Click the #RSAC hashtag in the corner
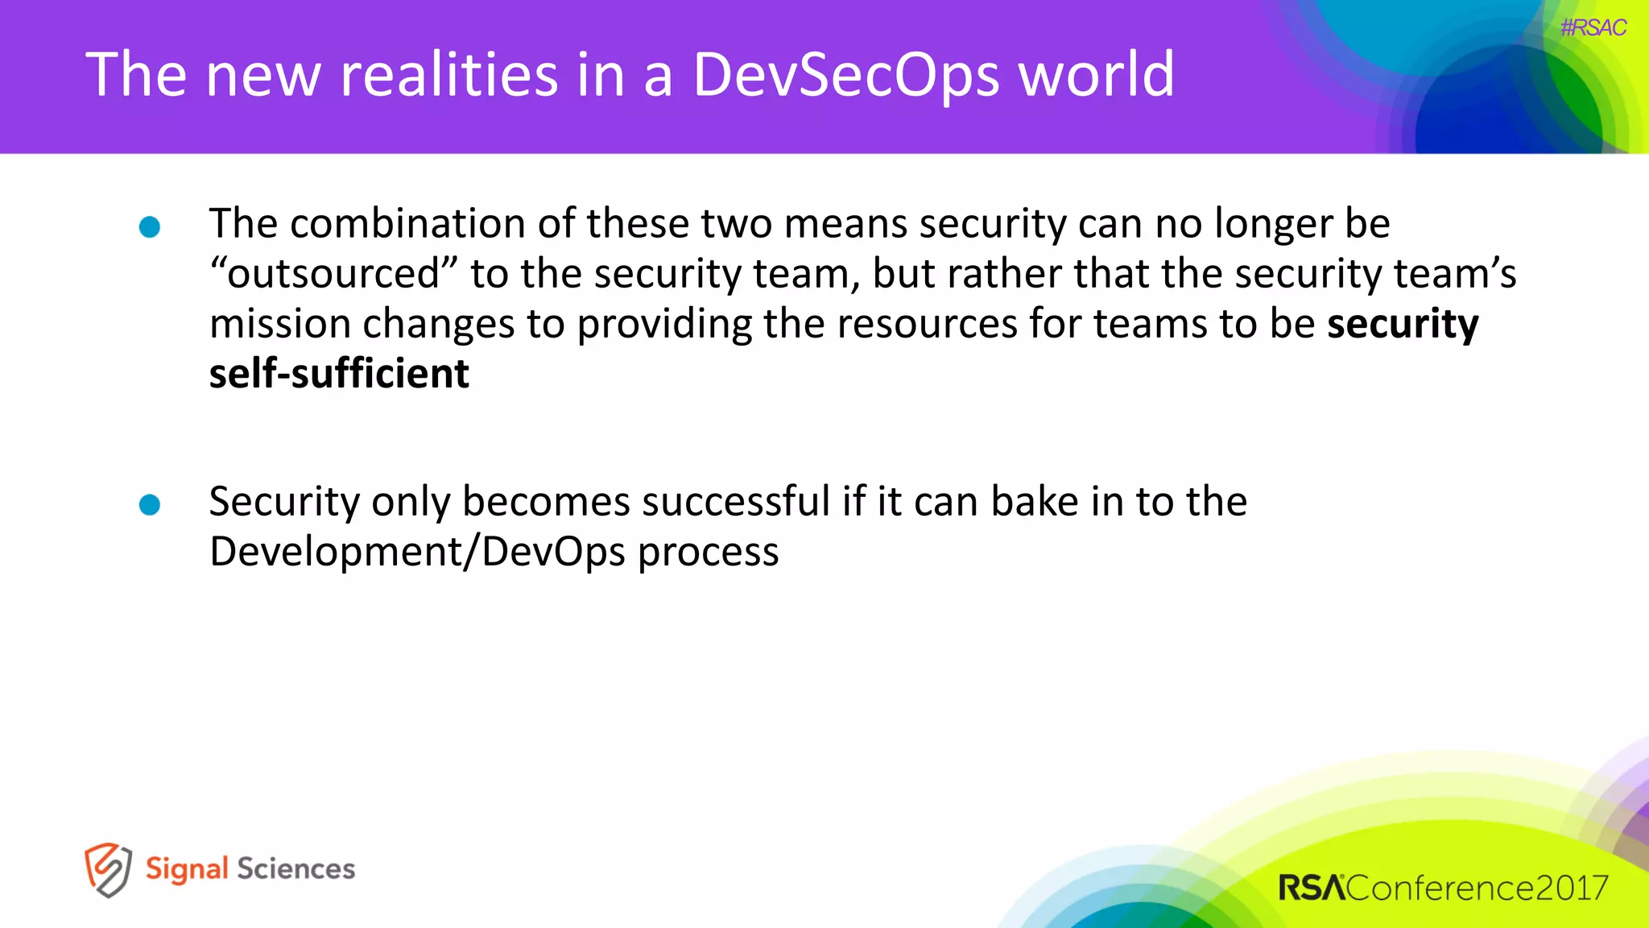click(1593, 28)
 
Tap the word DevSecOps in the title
click(845, 74)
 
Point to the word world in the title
click(1096, 74)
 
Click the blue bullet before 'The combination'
click(150, 227)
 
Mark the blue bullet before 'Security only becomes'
click(150, 505)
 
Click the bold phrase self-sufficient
click(339, 374)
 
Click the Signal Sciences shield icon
click(108, 870)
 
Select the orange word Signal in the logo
click(187, 869)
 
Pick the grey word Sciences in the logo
click(295, 869)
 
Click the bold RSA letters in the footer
click(1312, 888)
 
